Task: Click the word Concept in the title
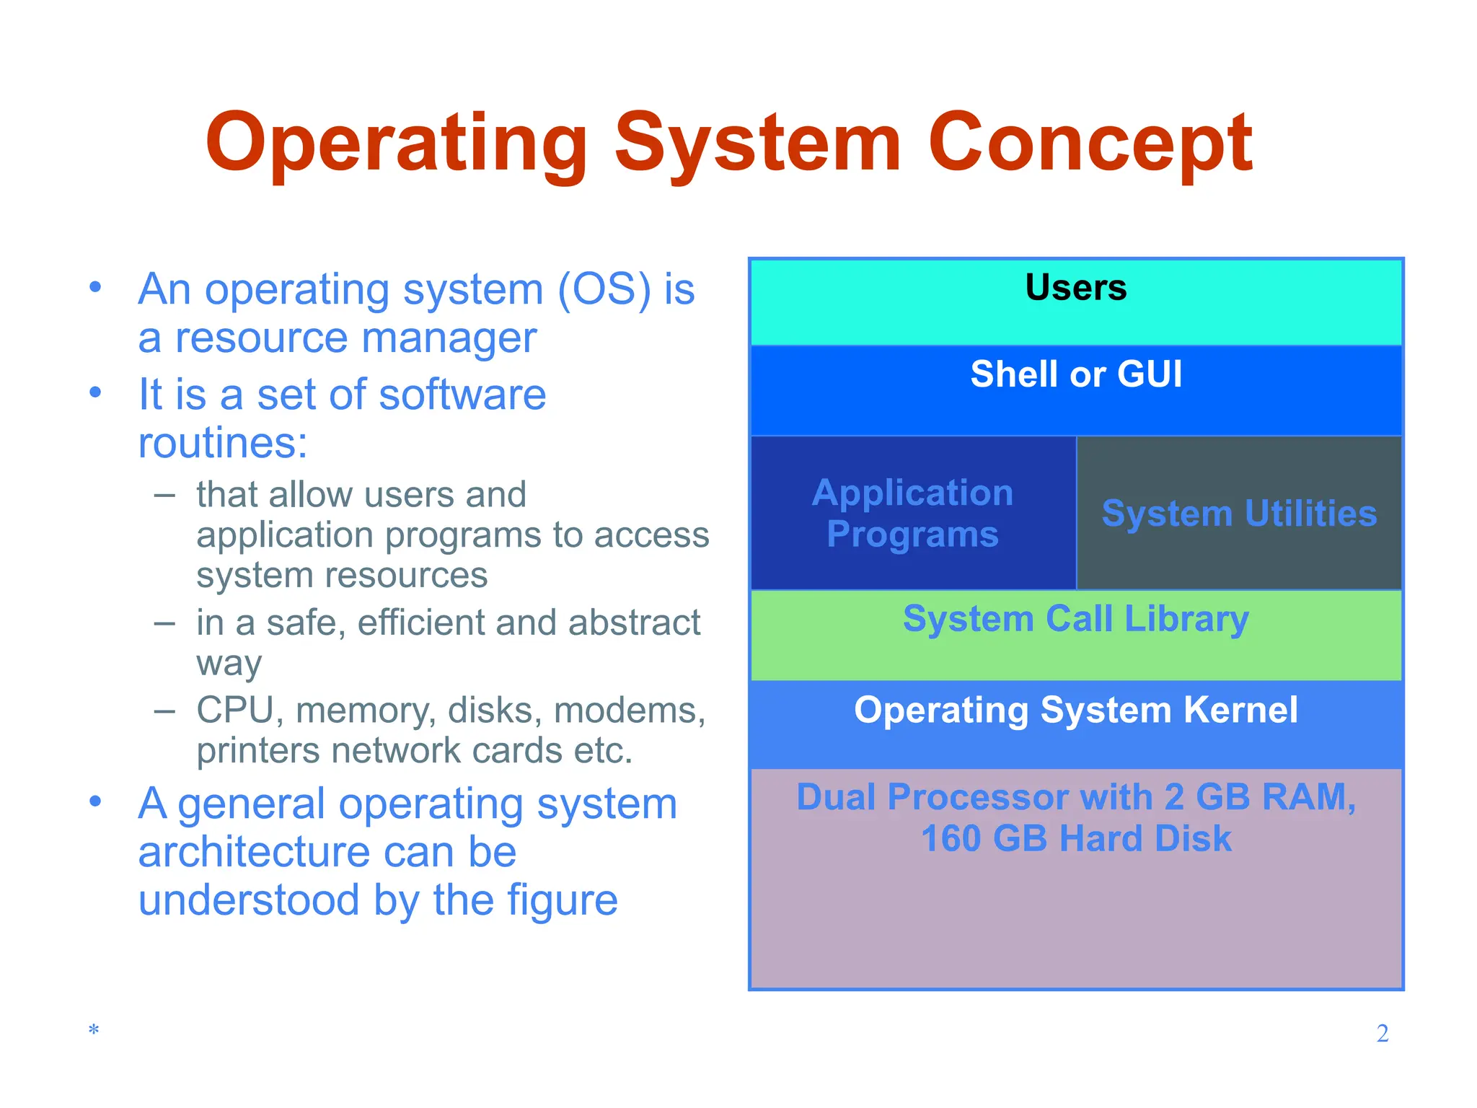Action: (1090, 144)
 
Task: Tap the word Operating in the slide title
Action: (397, 144)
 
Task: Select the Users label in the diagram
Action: (1075, 287)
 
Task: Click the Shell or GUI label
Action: (1075, 374)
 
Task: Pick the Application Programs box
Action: (912, 513)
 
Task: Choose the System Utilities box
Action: (1239, 514)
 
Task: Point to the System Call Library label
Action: (1075, 620)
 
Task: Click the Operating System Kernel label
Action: (1075, 710)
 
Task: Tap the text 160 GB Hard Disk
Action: (1075, 839)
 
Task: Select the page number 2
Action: (1382, 1033)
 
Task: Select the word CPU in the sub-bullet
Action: (234, 710)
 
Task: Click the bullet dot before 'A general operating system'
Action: (95, 801)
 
